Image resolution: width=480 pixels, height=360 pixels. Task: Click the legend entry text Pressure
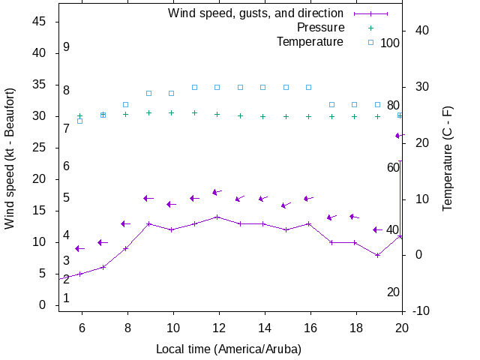point(319,28)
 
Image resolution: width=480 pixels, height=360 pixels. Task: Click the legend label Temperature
point(310,42)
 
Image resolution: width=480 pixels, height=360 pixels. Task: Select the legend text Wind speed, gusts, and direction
point(256,13)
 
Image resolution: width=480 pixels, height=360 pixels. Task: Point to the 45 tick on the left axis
point(40,22)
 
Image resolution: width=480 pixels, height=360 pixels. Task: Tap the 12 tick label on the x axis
point(218,328)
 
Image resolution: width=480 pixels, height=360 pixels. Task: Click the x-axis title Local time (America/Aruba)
point(229,349)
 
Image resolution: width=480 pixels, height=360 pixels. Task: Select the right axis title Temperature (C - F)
point(448,158)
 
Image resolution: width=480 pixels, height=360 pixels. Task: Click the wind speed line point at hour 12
point(217,217)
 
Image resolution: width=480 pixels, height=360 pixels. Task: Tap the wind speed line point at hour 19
point(378,255)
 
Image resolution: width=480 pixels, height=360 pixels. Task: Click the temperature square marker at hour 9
point(148,93)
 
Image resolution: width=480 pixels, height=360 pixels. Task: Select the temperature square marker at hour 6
point(80,121)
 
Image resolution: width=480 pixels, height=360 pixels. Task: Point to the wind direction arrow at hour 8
point(125,223)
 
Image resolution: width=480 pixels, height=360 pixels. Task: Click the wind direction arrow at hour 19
point(377,229)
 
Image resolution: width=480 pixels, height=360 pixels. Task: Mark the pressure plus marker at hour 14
point(263,116)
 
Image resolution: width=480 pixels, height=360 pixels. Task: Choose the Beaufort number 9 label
point(67,47)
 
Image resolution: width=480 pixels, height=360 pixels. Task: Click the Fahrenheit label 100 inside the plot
point(390,43)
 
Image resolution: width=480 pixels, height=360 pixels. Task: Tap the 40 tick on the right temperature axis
point(421,31)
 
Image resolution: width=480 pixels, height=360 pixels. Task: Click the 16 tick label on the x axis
point(309,328)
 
